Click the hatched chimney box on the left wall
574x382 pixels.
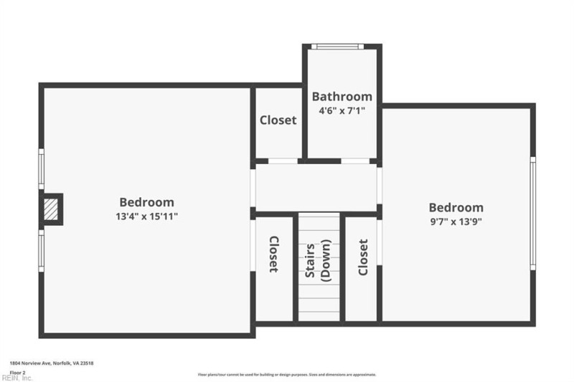51,209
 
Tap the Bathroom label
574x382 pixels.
342,97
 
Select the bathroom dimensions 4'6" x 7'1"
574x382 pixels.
342,111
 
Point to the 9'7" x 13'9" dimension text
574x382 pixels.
456,221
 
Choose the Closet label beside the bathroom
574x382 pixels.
278,120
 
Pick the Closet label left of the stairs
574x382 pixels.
273,254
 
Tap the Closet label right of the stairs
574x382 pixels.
362,257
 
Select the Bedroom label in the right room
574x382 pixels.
456,208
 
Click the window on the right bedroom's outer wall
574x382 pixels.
532,214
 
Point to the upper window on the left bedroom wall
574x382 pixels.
41,169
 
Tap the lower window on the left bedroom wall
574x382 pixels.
41,249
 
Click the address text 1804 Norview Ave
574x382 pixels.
51,363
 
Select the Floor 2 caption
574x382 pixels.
17,373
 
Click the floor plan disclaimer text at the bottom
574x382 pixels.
286,374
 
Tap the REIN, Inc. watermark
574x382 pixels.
17,378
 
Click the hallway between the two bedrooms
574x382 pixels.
316,188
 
